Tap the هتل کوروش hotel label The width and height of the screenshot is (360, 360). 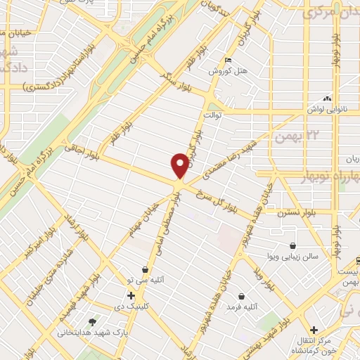(x=224, y=72)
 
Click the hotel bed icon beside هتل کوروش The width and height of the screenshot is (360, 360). (x=226, y=60)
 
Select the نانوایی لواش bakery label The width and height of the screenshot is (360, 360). (x=324, y=110)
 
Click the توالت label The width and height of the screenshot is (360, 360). (x=212, y=113)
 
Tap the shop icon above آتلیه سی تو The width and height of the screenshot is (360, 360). (x=145, y=269)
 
